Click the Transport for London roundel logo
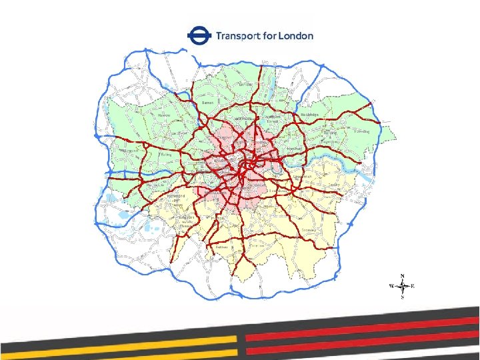coord(199,35)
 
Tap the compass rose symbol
coord(403,287)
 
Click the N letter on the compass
coord(403,275)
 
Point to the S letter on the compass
coord(403,298)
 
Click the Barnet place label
coord(207,103)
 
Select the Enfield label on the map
coord(245,85)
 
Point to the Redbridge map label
coord(311,115)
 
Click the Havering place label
coord(362,132)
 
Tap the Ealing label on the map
coord(167,153)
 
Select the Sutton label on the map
coord(222,247)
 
